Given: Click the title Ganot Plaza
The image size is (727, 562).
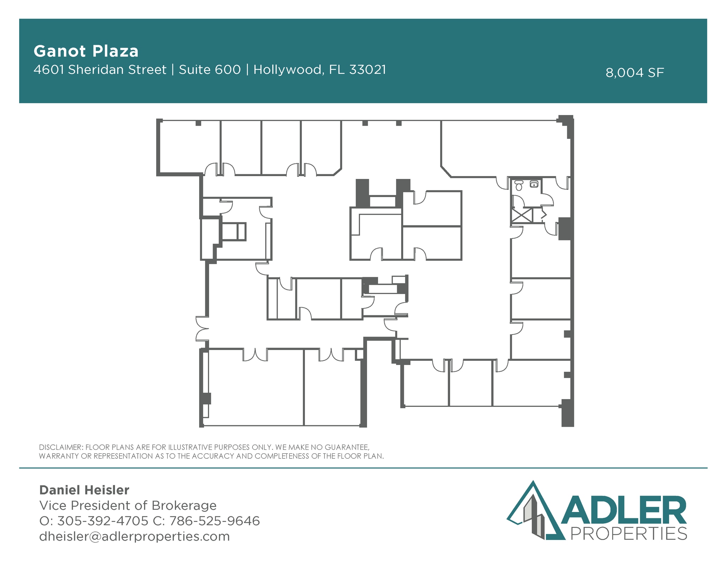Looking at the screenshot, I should [x=86, y=51].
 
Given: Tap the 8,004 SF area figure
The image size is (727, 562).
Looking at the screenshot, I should [x=634, y=73].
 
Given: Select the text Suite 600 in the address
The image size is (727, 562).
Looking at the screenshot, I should [x=210, y=70].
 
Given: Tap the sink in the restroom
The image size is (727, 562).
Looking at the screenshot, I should [x=534, y=184].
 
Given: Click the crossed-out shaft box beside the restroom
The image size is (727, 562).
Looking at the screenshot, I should [x=522, y=215].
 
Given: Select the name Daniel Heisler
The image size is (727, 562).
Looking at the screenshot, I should [x=84, y=490].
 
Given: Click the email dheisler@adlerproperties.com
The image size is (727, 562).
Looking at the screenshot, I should [x=135, y=536].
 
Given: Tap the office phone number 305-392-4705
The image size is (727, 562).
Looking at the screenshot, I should [x=103, y=521].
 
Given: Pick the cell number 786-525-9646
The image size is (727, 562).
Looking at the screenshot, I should [x=214, y=521].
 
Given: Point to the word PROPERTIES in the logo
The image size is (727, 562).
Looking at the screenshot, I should [x=628, y=534].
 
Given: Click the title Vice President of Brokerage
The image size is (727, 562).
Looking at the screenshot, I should [x=128, y=505].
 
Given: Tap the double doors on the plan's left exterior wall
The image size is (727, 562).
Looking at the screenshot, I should [x=202, y=328].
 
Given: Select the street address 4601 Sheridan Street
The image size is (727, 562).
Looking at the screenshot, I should [x=100, y=70].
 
